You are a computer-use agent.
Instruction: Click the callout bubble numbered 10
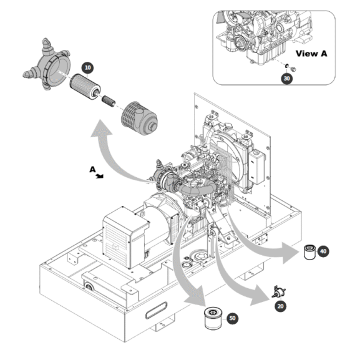tap(87, 68)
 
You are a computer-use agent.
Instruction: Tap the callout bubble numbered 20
tap(280, 306)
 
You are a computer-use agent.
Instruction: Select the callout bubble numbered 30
tap(287, 79)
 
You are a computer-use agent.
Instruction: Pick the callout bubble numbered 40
tap(323, 251)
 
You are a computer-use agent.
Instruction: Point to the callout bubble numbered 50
tap(232, 318)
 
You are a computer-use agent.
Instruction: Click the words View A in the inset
tap(311, 54)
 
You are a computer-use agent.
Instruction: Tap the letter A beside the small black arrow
tap(92, 170)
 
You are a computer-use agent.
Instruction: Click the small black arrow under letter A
tap(100, 176)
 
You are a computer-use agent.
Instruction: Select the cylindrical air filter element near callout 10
tap(85, 86)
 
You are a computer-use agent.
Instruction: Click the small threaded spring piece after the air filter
tap(109, 101)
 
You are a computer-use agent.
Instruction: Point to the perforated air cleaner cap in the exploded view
tap(139, 119)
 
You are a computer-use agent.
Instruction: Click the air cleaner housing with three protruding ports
tap(47, 65)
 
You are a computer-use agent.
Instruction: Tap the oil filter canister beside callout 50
tap(213, 319)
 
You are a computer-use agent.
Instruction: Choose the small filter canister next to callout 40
tap(309, 252)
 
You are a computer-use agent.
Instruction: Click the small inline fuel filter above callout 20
tap(279, 291)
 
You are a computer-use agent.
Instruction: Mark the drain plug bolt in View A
tap(293, 69)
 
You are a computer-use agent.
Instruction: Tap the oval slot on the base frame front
tap(156, 311)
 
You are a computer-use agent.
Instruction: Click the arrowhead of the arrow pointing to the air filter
tap(102, 129)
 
